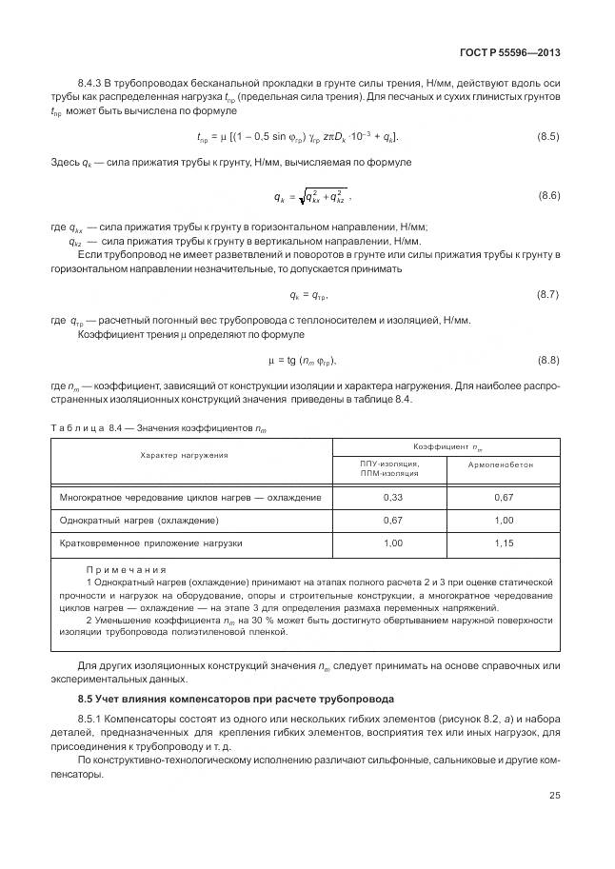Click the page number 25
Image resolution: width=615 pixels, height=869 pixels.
(553, 796)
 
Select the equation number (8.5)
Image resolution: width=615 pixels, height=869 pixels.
(548, 137)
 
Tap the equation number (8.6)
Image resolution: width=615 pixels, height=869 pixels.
(548, 196)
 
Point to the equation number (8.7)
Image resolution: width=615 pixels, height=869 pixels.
(548, 295)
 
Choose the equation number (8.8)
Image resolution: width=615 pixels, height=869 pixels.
(548, 360)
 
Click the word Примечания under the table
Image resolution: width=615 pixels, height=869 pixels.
(119, 569)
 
